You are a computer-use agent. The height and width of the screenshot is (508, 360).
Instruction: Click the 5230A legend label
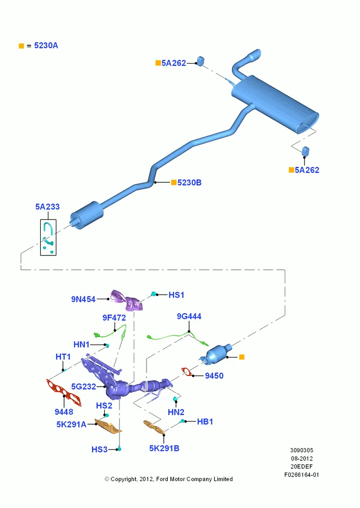pos(46,46)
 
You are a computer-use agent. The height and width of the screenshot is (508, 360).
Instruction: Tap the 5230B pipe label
pos(189,183)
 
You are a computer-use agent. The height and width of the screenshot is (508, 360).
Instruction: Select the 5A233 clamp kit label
pos(47,207)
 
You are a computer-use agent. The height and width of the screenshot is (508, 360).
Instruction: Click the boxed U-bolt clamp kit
pos(48,237)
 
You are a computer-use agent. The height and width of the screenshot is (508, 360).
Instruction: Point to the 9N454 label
pos(83,299)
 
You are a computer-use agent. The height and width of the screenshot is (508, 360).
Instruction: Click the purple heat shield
pos(128,301)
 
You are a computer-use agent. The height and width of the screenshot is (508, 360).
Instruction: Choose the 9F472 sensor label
pos(114,318)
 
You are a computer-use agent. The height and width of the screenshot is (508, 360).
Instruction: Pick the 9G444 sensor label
pos(189,316)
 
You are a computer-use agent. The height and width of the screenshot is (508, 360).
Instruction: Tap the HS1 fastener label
pos(176,295)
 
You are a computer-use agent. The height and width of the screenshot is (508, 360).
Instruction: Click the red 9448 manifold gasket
pos(64,392)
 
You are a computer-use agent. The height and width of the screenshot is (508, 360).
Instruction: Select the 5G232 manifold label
pos(84,387)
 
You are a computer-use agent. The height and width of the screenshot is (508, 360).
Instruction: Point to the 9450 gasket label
pos(214,376)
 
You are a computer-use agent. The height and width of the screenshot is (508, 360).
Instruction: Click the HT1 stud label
pos(63,357)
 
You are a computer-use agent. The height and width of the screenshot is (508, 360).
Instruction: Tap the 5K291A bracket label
pos(71,424)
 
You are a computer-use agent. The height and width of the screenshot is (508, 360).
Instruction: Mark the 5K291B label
pos(164,449)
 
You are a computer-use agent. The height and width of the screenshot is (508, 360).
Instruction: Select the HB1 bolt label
pos(205,422)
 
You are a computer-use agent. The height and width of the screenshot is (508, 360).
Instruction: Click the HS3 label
pos(100,450)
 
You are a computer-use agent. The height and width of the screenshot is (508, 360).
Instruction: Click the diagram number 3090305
pos(302,450)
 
